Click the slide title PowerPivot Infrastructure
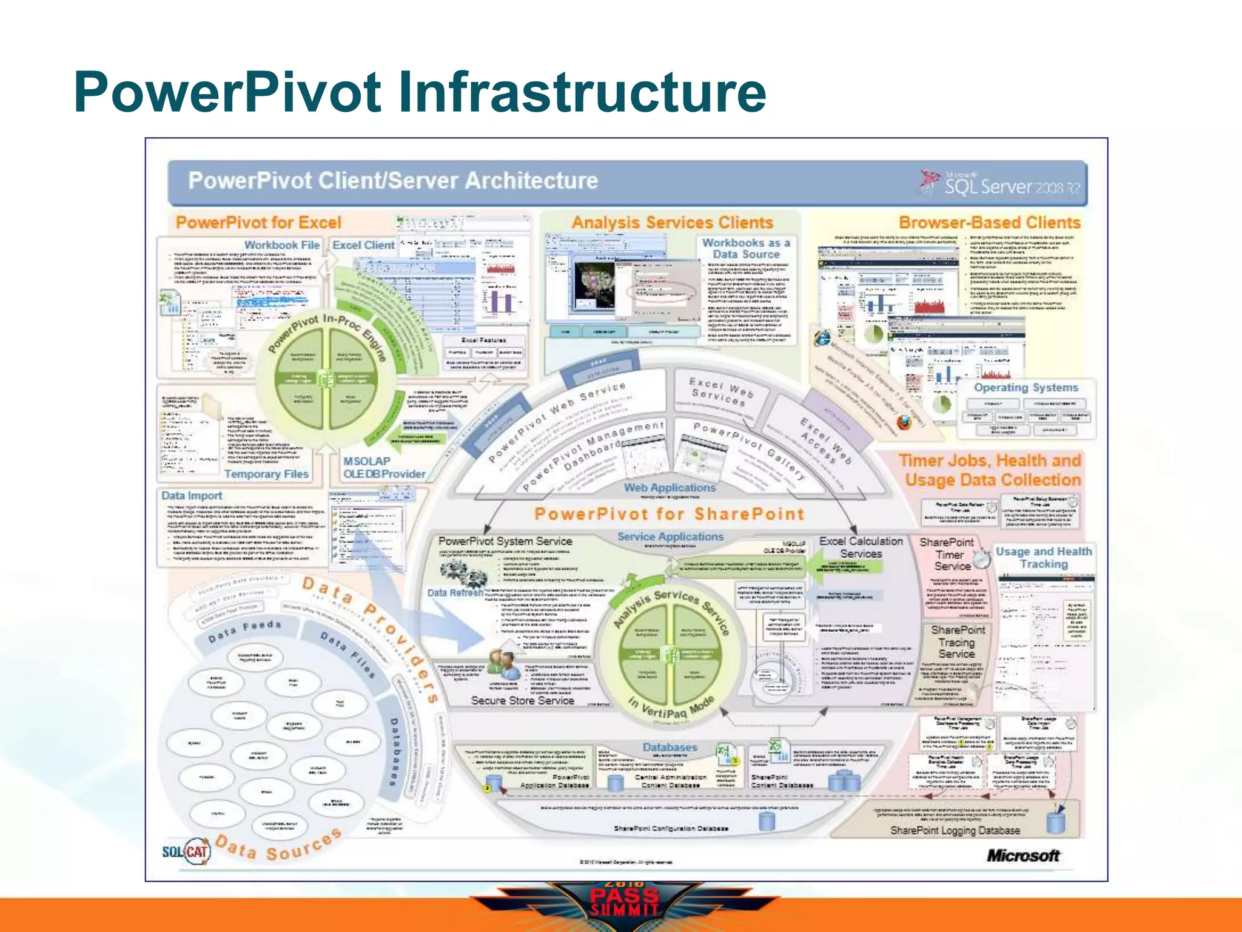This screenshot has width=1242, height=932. click(420, 92)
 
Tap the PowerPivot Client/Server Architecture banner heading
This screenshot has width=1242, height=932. click(393, 181)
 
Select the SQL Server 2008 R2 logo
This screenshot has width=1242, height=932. click(1001, 183)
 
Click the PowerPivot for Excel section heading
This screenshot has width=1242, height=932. click(258, 223)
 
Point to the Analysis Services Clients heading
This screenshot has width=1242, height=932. click(672, 223)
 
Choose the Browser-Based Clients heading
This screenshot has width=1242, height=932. click(989, 223)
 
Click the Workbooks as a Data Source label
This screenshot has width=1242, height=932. click(746, 249)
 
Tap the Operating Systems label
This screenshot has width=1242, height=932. click(1026, 387)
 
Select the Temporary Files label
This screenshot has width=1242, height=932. click(266, 474)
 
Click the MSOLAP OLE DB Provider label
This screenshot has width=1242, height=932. click(384, 467)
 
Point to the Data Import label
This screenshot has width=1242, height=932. click(192, 496)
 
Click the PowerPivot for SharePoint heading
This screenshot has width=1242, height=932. click(669, 514)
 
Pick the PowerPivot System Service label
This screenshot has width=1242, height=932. click(505, 541)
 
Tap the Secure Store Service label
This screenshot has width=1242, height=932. click(522, 700)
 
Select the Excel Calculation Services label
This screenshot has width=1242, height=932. click(861, 547)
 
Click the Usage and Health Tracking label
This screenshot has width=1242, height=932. click(1044, 558)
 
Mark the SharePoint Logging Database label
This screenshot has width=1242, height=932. click(955, 830)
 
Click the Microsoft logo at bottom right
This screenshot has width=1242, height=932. click(1023, 856)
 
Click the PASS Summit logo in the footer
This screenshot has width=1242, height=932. click(625, 902)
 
